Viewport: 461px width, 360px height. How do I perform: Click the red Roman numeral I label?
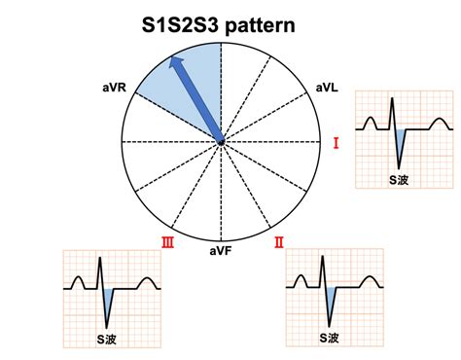tap(337, 144)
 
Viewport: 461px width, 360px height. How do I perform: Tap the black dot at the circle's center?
tap(221, 142)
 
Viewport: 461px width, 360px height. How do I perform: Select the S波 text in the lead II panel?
tap(331, 338)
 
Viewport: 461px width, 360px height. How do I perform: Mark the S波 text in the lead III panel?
tap(107, 338)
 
